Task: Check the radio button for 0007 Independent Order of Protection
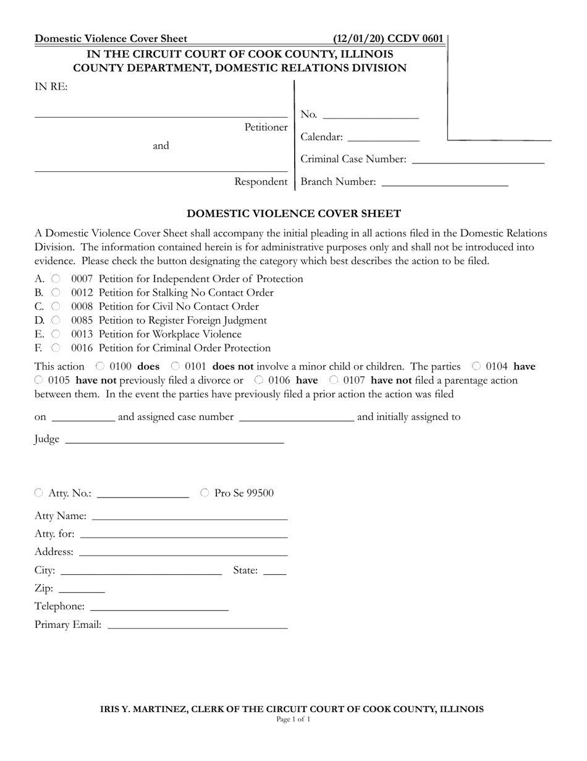pyautogui.click(x=56, y=279)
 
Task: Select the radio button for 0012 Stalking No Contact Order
pyautogui.click(x=56, y=293)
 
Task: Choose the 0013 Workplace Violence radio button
pyautogui.click(x=56, y=334)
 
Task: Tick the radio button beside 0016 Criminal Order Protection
pyautogui.click(x=56, y=348)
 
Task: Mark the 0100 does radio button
pyautogui.click(x=100, y=366)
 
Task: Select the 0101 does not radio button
pyautogui.click(x=175, y=366)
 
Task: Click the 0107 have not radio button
pyautogui.click(x=334, y=380)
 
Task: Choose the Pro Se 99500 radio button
pyautogui.click(x=205, y=493)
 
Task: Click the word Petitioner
pyautogui.click(x=266, y=127)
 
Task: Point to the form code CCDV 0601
pyautogui.click(x=415, y=39)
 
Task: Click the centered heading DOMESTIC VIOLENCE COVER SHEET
pyautogui.click(x=293, y=214)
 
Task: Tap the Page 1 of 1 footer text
pyautogui.click(x=293, y=720)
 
